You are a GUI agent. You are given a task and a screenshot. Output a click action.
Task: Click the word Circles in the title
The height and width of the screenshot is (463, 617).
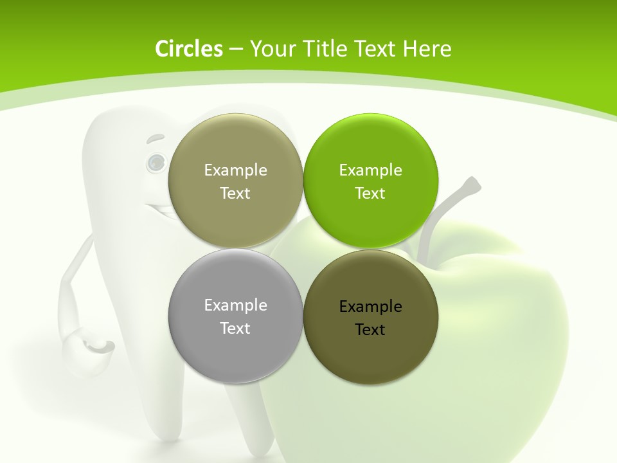coord(188,49)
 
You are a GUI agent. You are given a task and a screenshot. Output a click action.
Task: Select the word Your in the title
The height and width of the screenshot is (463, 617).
coord(271,49)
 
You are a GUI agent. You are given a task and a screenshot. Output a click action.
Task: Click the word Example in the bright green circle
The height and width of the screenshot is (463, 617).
coord(370,170)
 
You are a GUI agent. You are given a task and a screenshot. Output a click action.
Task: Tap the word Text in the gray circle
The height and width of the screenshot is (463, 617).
coord(235,329)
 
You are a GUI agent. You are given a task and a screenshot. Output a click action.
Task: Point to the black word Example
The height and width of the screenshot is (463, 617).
coord(370,307)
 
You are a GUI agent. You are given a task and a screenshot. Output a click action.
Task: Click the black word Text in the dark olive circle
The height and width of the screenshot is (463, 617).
coord(370,330)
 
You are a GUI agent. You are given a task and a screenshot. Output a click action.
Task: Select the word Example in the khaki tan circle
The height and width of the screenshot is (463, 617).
coord(235,170)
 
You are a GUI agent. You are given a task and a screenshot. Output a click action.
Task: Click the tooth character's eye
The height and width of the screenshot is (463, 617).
coord(155,163)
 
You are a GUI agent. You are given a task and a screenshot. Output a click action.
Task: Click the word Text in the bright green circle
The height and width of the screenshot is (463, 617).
coord(370,194)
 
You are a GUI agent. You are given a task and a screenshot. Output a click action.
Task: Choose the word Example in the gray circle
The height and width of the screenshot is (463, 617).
coord(235,305)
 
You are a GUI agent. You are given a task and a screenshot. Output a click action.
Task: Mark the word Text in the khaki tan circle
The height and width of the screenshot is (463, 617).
coord(235,194)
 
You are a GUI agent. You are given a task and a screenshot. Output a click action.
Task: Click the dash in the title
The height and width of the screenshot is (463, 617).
coord(235,50)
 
